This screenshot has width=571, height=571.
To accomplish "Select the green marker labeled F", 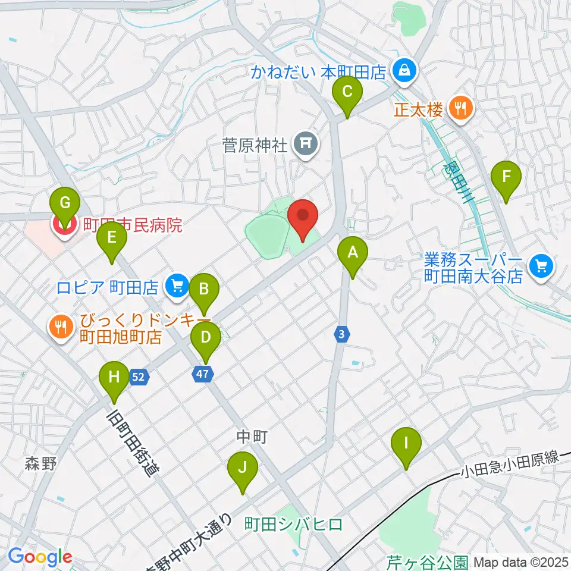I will click(x=506, y=177).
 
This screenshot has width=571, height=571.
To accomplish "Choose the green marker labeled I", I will click(x=407, y=444).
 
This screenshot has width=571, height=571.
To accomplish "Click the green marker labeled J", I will click(x=242, y=468).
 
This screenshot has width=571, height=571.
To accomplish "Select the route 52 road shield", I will click(x=138, y=377).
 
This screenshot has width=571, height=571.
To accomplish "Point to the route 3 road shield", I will click(x=340, y=335).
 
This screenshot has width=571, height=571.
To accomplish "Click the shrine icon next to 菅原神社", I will click(x=306, y=143).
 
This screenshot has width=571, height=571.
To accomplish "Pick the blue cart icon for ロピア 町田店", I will click(x=175, y=286).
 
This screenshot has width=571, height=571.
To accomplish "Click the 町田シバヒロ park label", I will click(x=294, y=523).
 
